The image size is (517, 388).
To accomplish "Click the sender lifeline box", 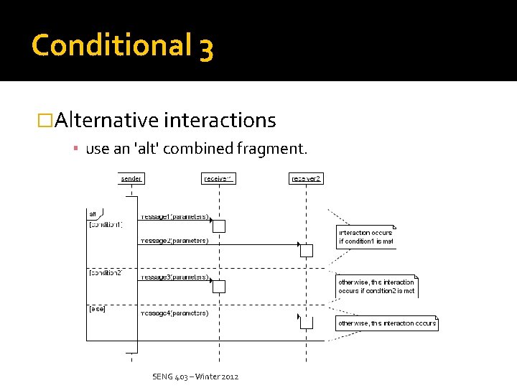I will coord(131,178).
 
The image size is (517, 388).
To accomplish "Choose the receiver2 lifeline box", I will coord(307,178).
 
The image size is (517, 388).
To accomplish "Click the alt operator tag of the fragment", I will coord(93,214).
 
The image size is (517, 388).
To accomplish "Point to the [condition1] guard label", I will coord(106,225).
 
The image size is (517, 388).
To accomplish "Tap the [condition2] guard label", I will coord(106,273).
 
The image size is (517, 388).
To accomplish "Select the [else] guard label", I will coord(97,309).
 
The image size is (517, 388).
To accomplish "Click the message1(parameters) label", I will coord(174,216).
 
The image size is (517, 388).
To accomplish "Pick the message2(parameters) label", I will coord(174,241).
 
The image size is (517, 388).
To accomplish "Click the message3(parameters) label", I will coord(174,277).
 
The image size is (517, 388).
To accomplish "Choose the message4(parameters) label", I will coord(174,313).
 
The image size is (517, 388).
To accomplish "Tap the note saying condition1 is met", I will coord(366,237).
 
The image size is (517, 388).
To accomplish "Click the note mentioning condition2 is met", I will coord(376,287).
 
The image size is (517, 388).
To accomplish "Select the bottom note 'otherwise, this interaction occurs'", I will coord(387,323).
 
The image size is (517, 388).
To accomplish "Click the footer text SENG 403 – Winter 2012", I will coord(195,377).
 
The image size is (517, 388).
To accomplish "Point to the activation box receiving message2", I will coord(307,251).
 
